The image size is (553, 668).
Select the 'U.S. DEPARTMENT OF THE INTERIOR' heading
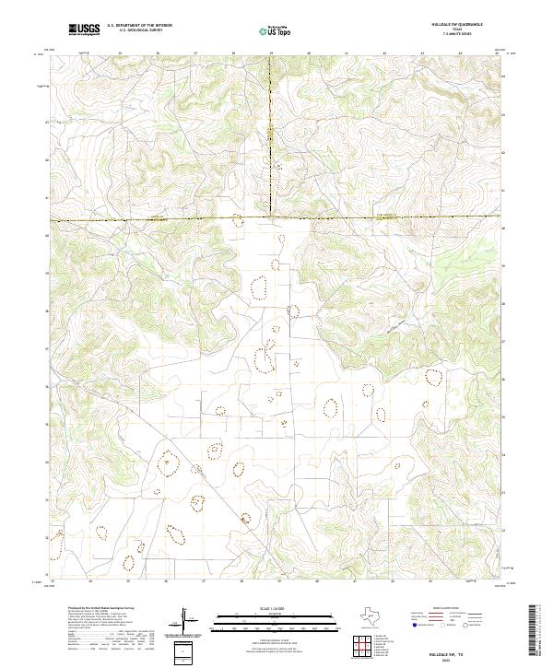point(139,26)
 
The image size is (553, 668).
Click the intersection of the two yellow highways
point(270,219)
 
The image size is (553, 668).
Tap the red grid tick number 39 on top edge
point(271,53)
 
